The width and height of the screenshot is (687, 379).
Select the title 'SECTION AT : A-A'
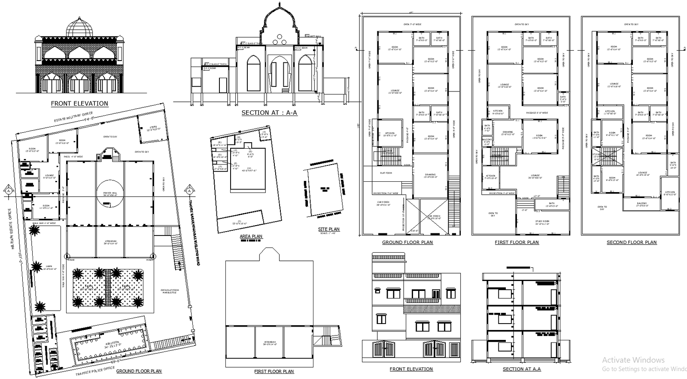click(269, 113)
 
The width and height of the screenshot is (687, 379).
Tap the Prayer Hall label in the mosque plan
click(110, 194)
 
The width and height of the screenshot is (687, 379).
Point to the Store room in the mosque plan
click(153, 128)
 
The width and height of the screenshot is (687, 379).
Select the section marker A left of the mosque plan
click(8, 190)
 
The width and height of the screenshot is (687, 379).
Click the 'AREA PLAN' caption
click(251, 236)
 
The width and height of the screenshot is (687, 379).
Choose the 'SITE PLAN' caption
click(329, 229)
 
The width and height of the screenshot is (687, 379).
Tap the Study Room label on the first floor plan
click(543, 223)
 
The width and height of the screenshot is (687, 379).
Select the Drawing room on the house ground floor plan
click(430, 175)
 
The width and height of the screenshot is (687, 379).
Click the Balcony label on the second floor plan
click(641, 204)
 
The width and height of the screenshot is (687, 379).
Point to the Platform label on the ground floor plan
click(386, 173)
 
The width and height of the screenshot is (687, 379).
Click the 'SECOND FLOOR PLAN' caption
click(631, 242)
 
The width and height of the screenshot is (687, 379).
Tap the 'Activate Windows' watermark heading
click(633, 360)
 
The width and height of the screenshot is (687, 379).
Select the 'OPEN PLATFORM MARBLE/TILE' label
click(170, 291)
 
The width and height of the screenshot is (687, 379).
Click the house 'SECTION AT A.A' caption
click(522, 369)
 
